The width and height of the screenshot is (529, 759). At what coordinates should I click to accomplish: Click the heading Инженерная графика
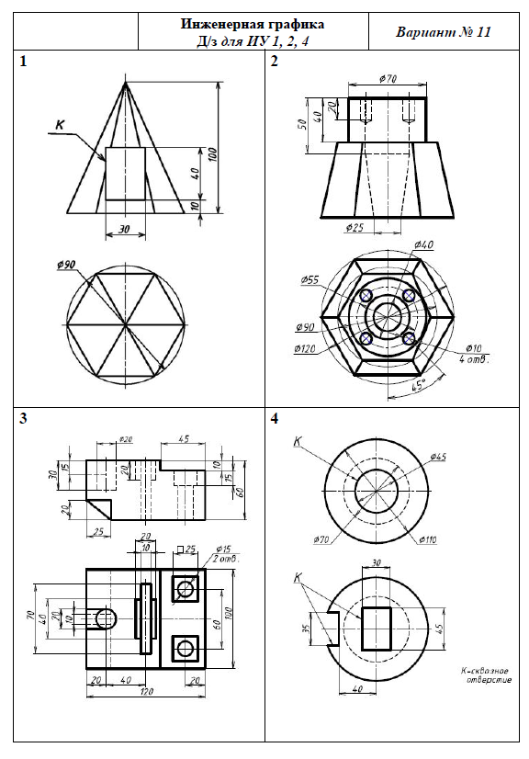coord(253,25)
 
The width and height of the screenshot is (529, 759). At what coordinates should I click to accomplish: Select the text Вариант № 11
coord(444,32)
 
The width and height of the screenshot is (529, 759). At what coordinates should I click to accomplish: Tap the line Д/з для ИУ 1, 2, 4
coord(253,41)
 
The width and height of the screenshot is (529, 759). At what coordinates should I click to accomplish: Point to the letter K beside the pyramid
coord(60,124)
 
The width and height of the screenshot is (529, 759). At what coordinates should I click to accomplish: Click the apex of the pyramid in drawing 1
coord(125,83)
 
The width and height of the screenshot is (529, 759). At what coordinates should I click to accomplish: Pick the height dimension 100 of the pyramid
coord(213,154)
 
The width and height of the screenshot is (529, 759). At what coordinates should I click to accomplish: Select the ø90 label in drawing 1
coord(66,265)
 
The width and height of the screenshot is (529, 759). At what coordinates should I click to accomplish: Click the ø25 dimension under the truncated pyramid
coord(355,227)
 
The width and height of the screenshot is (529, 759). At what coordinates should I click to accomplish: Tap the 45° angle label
coord(417,386)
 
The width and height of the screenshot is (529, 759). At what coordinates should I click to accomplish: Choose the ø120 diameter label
coord(304,348)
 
